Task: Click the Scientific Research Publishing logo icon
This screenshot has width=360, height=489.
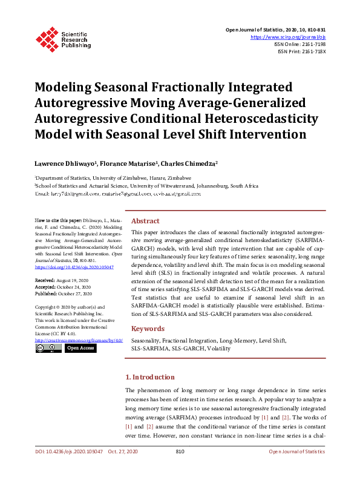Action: point(47,38)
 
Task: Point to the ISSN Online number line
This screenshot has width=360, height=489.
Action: point(299,44)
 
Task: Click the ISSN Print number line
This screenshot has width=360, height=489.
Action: point(301,51)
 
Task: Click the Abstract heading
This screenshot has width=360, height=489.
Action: point(145,221)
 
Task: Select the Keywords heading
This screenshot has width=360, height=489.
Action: point(148,329)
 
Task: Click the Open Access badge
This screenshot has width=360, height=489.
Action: point(80,348)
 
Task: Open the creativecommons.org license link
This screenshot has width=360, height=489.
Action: point(79,340)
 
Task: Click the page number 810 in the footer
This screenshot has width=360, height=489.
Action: point(180,452)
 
